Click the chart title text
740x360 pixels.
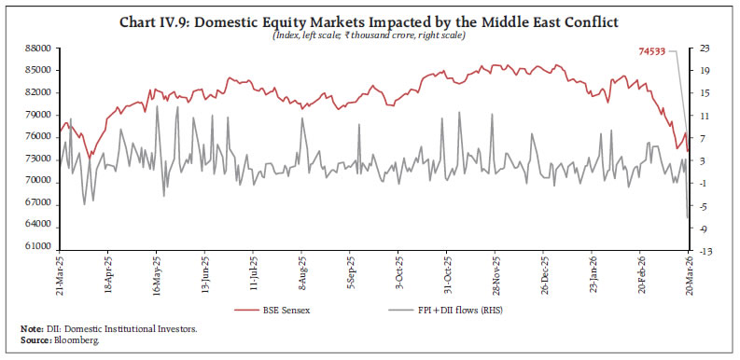click(x=370, y=20)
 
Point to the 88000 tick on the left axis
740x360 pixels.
click(x=36, y=48)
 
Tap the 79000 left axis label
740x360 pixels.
click(x=36, y=115)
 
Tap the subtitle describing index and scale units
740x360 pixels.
click(x=370, y=35)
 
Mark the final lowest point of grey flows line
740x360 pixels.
click(x=687, y=218)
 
